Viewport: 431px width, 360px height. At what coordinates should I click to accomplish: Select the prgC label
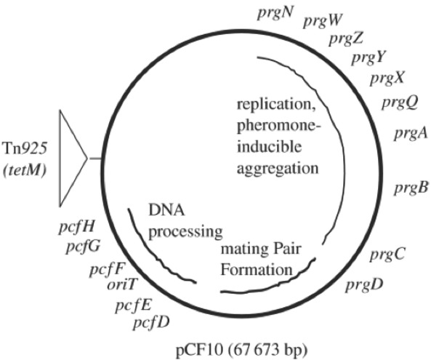click(x=387, y=255)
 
